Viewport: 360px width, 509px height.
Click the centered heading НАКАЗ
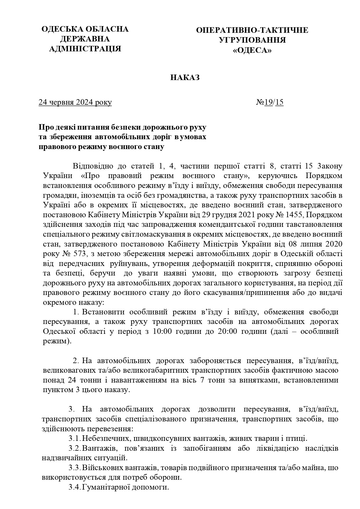[x=185, y=78]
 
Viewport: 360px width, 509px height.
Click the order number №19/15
[x=270, y=102]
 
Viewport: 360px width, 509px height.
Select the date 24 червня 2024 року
[x=75, y=102]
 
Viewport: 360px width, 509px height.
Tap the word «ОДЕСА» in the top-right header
[x=252, y=50]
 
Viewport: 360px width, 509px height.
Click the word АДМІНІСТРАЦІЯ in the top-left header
[x=85, y=49]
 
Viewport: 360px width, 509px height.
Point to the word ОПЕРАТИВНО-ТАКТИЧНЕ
[x=252, y=30]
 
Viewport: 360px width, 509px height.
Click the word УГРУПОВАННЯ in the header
[x=252, y=40]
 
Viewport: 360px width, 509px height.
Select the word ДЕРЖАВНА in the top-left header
[x=85, y=39]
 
